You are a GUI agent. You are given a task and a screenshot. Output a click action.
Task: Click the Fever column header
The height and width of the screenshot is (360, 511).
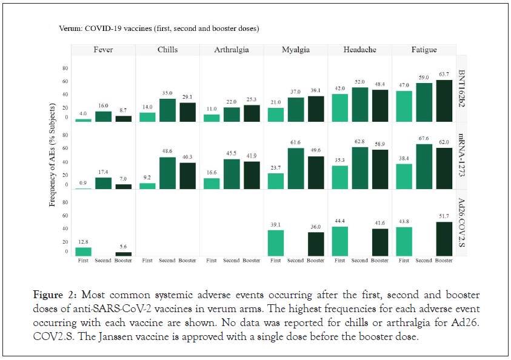click(103, 50)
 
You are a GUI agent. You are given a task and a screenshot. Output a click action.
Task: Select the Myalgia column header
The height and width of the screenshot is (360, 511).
click(295, 50)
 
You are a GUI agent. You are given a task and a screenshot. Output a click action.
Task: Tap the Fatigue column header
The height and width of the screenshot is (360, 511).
click(424, 50)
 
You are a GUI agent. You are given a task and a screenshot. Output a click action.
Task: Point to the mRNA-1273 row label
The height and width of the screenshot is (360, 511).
click(462, 157)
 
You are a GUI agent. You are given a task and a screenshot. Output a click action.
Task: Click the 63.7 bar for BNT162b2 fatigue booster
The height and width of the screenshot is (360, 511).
click(444, 101)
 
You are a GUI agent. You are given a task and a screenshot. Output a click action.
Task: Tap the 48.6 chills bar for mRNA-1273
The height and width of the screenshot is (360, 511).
click(167, 173)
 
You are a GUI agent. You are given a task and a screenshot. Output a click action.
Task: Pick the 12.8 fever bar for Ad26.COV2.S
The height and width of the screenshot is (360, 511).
click(83, 252)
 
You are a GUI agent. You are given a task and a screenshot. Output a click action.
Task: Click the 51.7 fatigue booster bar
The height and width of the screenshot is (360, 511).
click(444, 239)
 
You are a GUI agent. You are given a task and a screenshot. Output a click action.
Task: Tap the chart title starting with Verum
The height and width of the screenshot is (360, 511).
click(159, 28)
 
